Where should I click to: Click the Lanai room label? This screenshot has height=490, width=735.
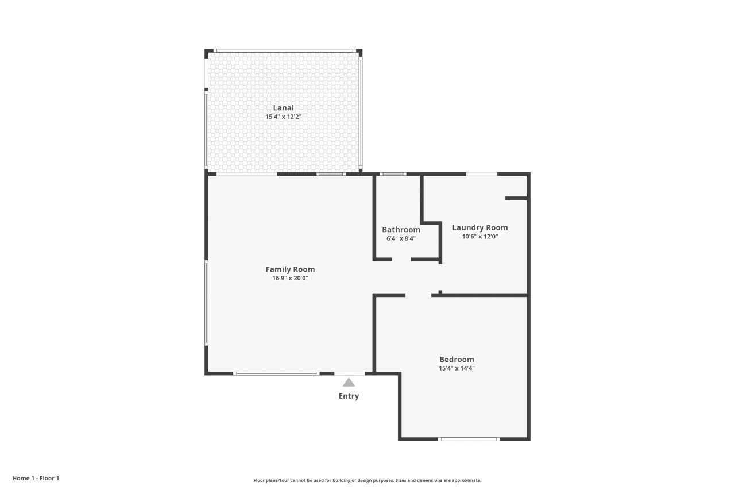(x=283, y=108)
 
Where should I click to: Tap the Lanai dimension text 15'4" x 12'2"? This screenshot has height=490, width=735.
(x=283, y=117)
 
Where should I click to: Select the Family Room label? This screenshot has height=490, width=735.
(x=290, y=269)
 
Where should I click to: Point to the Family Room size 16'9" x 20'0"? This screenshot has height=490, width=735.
(x=290, y=278)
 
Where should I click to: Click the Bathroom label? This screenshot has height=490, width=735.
(x=401, y=230)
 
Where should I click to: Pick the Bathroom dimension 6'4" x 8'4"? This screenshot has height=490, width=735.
(x=401, y=238)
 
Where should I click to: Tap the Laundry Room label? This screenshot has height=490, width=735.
(x=479, y=227)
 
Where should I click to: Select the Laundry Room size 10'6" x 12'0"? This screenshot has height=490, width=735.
(x=479, y=236)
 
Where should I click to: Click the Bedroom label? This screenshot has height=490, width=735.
(x=457, y=360)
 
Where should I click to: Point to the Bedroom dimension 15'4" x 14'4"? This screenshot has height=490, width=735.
(x=457, y=368)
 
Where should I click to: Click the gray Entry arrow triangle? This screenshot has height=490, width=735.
(x=349, y=383)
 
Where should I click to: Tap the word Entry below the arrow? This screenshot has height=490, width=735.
(x=349, y=396)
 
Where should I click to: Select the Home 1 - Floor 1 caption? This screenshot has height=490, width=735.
(x=36, y=478)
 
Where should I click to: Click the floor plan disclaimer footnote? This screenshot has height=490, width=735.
(x=367, y=480)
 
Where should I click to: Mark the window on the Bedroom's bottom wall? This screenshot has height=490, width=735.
(x=469, y=439)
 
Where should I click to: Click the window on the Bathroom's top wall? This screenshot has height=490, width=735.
(x=393, y=174)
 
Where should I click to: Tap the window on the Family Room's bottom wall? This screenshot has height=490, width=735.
(x=276, y=373)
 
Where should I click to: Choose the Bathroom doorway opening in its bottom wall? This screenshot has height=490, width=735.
(x=401, y=260)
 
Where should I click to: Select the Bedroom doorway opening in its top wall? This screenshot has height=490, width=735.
(x=418, y=295)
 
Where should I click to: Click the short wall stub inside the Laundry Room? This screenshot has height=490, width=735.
(x=516, y=198)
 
